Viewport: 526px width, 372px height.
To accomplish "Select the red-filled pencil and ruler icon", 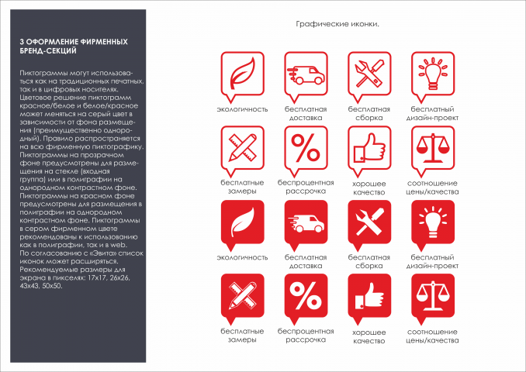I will click(241, 296).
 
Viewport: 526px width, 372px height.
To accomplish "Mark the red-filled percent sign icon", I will click(305, 296).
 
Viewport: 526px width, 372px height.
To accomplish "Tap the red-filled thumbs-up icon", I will click(369, 296).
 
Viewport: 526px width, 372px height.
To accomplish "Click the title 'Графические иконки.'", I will click(337, 25).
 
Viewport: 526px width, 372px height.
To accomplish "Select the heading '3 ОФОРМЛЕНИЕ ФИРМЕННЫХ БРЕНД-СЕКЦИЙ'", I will click(74, 46).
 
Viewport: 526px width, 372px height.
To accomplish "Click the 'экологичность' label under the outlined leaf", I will click(242, 109).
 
